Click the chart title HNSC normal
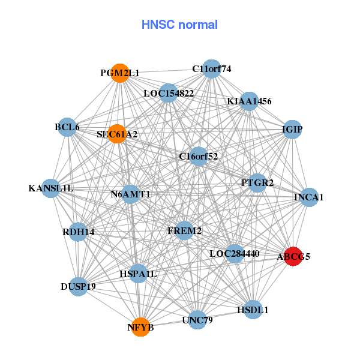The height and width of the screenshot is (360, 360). coord(179,25)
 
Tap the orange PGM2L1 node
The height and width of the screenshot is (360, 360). coord(121,73)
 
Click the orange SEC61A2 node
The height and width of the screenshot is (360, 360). coord(116,134)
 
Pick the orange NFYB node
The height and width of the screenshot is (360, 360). coord(140,327)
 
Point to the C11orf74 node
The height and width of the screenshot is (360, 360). coord(211,68)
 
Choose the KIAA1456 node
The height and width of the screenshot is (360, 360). coord(248,101)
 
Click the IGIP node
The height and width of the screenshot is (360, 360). coord(292,130)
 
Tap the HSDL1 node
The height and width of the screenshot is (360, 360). coord(253,310)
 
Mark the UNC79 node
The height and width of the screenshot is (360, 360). coord(197,320)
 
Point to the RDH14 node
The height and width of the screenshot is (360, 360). coord(79,232)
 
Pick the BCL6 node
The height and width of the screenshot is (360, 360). coord(67,127)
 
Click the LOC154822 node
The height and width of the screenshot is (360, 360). coord(169,93)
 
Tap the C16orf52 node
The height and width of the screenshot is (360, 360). coord(198,156)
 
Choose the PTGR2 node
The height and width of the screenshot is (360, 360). coord(257,182)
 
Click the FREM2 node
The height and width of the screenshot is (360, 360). coord(185,230)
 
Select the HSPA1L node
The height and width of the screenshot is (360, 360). coord(138,274)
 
